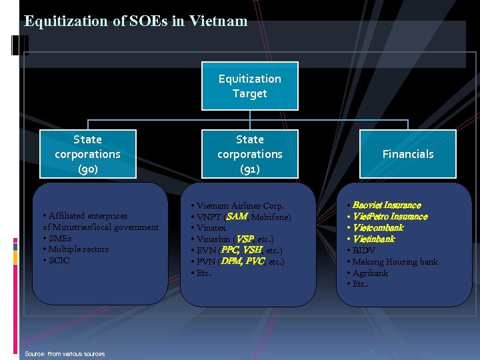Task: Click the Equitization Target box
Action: pyautogui.click(x=250, y=87)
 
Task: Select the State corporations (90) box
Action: pyautogui.click(x=88, y=154)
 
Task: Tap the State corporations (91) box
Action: pyautogui.click(x=250, y=154)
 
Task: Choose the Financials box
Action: pyautogui.click(x=407, y=154)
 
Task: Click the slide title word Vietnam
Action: pyautogui.click(x=218, y=21)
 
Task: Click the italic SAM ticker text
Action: pyautogui.click(x=237, y=217)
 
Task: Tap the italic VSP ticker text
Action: pyautogui.click(x=245, y=239)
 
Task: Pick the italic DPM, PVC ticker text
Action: pyautogui.click(x=243, y=261)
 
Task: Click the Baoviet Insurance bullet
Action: pyautogui.click(x=386, y=205)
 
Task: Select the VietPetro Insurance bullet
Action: pyautogui.click(x=389, y=217)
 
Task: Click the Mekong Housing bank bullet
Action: pyautogui.click(x=395, y=262)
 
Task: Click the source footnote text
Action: pyautogui.click(x=65, y=353)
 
